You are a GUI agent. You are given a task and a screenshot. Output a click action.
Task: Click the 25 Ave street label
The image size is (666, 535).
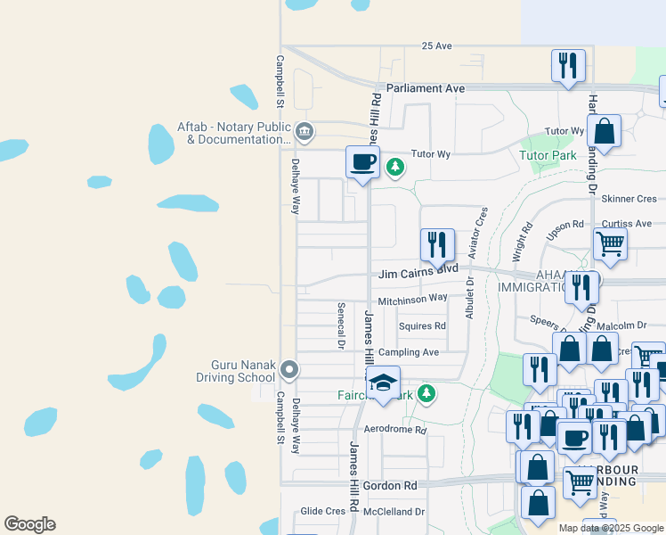(x=438, y=45)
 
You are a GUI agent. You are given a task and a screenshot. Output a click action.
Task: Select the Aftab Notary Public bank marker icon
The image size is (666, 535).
(x=304, y=132)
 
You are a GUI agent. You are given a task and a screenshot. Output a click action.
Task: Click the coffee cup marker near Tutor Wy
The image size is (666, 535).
(x=361, y=162)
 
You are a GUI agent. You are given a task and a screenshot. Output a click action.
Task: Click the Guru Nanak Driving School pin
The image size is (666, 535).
(x=288, y=368)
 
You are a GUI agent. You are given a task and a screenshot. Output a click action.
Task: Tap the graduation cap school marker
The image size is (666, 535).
(x=384, y=383)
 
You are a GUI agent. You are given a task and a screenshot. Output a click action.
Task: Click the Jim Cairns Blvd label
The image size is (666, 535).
(x=418, y=268)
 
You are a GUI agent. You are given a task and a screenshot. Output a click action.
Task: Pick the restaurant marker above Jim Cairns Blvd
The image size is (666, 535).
(x=437, y=244)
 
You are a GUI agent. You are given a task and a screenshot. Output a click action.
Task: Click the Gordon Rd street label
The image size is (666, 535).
(x=395, y=485)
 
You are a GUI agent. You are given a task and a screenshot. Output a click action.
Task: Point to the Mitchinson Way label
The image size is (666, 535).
(x=412, y=300)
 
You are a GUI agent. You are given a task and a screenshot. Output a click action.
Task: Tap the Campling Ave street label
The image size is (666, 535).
(x=409, y=352)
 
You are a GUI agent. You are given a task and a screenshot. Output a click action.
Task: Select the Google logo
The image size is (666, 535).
(x=29, y=524)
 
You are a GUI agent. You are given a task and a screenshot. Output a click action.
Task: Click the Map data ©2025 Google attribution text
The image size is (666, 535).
(x=611, y=528)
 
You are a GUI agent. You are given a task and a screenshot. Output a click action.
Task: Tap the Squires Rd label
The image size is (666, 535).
(x=422, y=326)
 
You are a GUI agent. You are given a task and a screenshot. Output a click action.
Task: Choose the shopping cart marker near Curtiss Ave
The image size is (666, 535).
(x=610, y=243)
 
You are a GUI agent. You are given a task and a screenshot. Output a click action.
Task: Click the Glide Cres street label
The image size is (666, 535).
(x=322, y=511)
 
